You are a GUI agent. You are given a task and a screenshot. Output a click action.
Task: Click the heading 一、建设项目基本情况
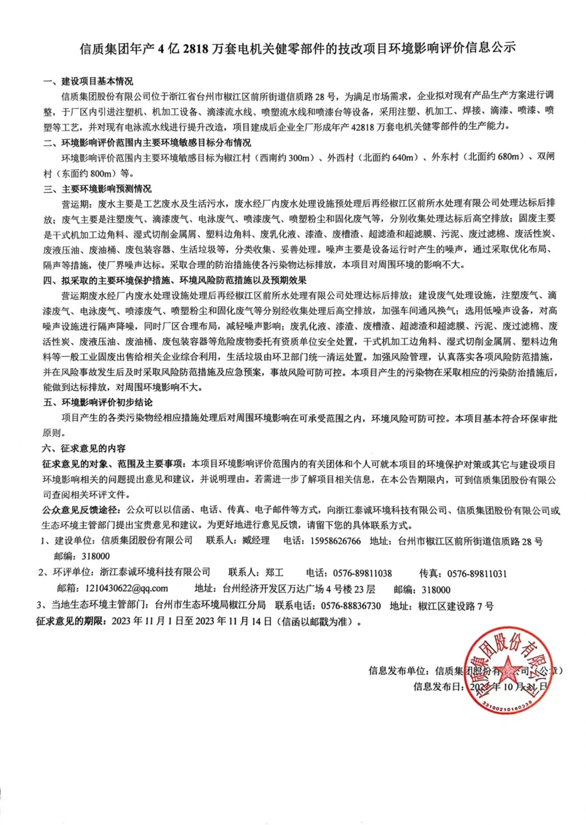pyautogui.click(x=88, y=82)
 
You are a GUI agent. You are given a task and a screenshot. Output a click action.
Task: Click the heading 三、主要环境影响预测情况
pyautogui.click(x=97, y=189)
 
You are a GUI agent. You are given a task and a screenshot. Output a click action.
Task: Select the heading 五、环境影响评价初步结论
pyautogui.click(x=98, y=403)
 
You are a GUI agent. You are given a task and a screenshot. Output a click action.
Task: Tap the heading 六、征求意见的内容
pyautogui.click(x=84, y=448)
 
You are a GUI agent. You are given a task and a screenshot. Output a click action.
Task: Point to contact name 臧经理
pyautogui.click(x=256, y=541)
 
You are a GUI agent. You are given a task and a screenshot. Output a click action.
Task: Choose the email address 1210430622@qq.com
pyautogui.click(x=126, y=589)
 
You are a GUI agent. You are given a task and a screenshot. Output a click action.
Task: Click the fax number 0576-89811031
pyautogui.click(x=477, y=574)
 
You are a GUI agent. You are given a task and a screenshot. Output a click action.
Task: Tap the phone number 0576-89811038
pyautogui.click(x=362, y=573)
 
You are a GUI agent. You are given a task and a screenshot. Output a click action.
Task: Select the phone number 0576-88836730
pyautogui.click(x=351, y=606)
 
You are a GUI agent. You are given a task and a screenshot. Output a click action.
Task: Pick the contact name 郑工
pyautogui.click(x=274, y=573)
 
